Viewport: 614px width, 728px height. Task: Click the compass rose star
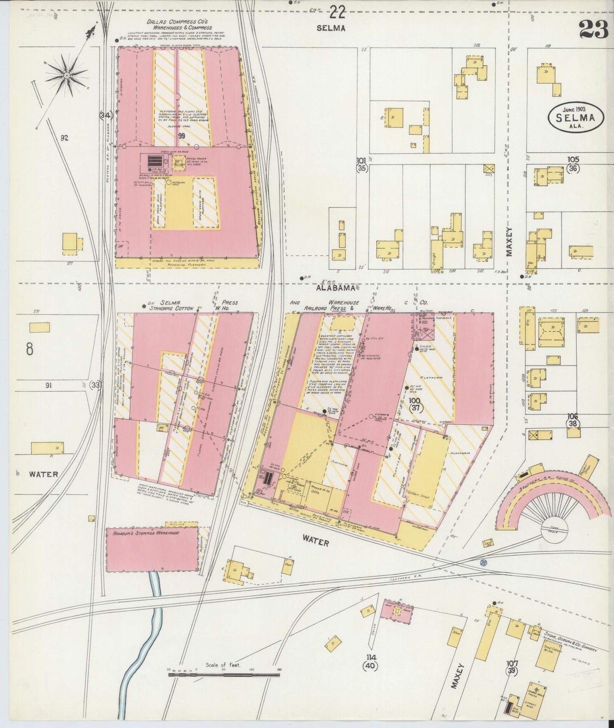tap(67, 75)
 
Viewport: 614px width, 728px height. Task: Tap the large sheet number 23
tap(592, 30)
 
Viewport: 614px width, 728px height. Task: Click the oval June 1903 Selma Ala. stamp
tap(576, 119)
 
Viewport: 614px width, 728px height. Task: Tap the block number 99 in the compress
tap(182, 136)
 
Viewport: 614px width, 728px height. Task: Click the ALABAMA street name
tap(335, 288)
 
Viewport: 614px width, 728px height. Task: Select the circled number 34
tap(105, 115)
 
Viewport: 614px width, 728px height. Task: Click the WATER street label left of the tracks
tap(43, 474)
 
